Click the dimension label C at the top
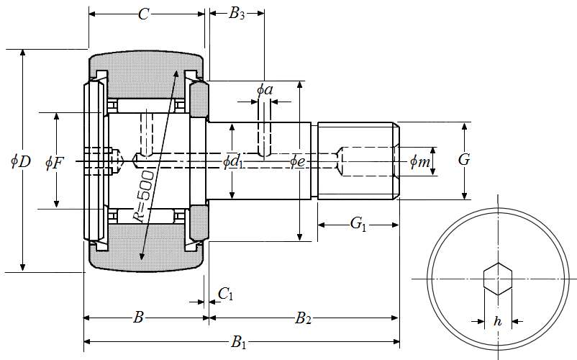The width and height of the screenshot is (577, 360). click(144, 14)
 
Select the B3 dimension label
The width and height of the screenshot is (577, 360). click(237, 14)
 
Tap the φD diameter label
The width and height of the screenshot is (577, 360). click(20, 161)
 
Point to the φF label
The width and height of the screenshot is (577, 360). click(54, 162)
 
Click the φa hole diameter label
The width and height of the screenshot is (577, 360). click(265, 90)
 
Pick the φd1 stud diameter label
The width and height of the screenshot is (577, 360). click(232, 161)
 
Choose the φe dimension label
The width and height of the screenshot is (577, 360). click(297, 161)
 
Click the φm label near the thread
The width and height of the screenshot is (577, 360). click(419, 162)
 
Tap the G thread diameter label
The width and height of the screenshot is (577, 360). click(464, 159)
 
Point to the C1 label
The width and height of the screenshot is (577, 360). click(225, 294)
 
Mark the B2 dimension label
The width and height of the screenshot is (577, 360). click(303, 318)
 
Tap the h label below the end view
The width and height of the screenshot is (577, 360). click(497, 322)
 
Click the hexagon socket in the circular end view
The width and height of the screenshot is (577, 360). click(497, 279)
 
